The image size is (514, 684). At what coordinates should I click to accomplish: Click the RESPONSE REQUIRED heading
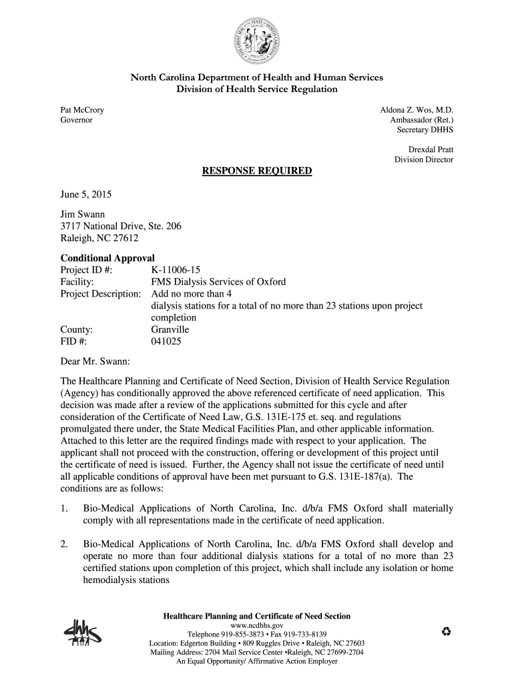pyautogui.click(x=257, y=172)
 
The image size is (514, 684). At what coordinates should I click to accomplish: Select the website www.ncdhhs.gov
pyautogui.click(x=257, y=625)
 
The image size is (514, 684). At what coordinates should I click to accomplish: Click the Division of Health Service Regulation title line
pyautogui.click(x=257, y=90)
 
